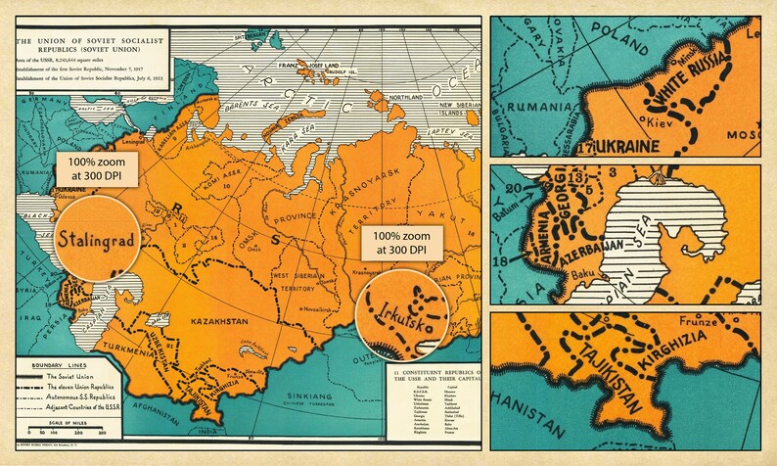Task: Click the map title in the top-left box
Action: coord(89,40)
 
